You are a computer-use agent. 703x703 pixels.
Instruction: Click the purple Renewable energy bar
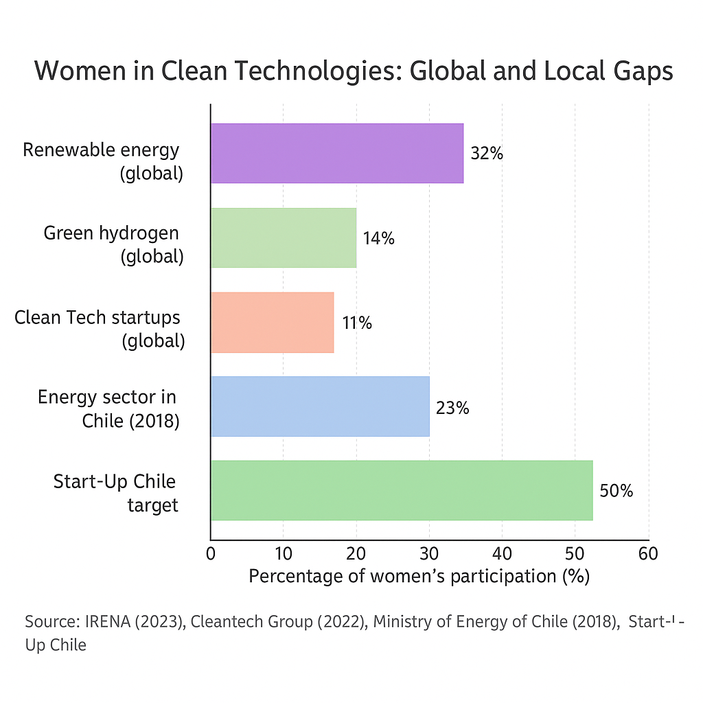337,153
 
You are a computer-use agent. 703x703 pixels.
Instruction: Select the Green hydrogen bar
284,238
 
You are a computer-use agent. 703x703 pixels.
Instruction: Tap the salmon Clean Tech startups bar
273,322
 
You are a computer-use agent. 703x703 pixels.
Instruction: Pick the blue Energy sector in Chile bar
320,406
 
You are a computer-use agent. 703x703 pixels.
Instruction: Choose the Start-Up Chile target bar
402,491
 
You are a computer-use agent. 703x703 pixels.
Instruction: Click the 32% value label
487,154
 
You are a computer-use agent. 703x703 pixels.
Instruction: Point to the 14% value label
379,239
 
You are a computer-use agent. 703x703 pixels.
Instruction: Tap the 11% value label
357,323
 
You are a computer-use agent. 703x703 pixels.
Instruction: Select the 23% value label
453,408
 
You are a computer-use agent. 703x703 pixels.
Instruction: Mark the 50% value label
616,492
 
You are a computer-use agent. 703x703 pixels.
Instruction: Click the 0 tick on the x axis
211,553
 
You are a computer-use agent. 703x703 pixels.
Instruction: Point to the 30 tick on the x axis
429,553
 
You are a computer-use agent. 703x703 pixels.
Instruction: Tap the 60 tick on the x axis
648,553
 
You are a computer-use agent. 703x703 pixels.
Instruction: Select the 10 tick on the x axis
284,553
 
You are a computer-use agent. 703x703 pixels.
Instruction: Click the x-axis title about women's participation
419,576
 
